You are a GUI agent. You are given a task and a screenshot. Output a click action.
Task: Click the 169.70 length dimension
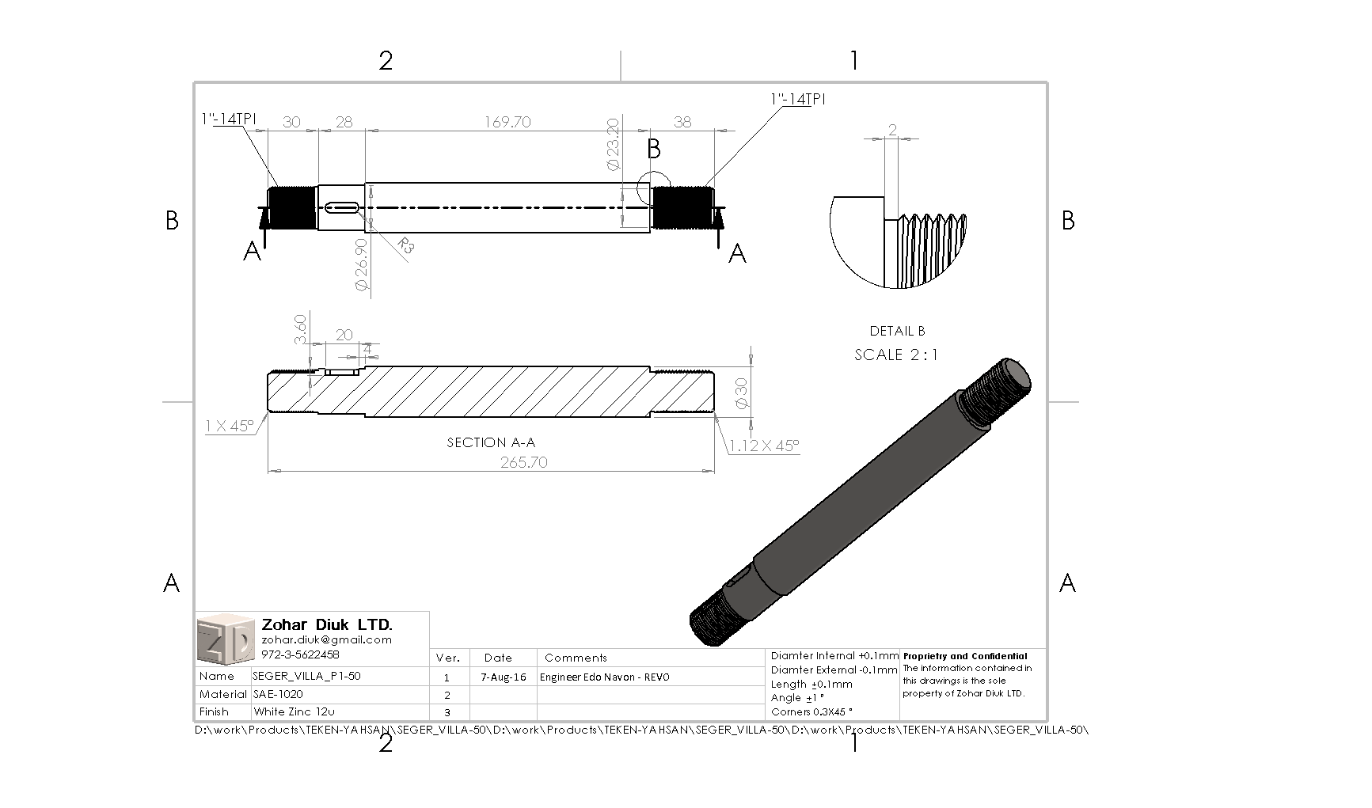pyautogui.click(x=507, y=122)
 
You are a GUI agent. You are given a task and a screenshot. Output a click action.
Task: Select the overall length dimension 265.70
pyautogui.click(x=523, y=462)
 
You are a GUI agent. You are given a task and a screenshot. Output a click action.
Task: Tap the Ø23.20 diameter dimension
pyautogui.click(x=612, y=145)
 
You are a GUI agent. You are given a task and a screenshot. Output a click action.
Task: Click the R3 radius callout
pyautogui.click(x=405, y=245)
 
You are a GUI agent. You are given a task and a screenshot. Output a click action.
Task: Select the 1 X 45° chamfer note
pyautogui.click(x=230, y=426)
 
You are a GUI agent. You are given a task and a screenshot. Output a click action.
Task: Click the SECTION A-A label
pyautogui.click(x=491, y=442)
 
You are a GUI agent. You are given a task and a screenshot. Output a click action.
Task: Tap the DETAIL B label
pyautogui.click(x=897, y=331)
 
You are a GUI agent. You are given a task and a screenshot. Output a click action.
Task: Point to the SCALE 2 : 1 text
pyautogui.click(x=896, y=355)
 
